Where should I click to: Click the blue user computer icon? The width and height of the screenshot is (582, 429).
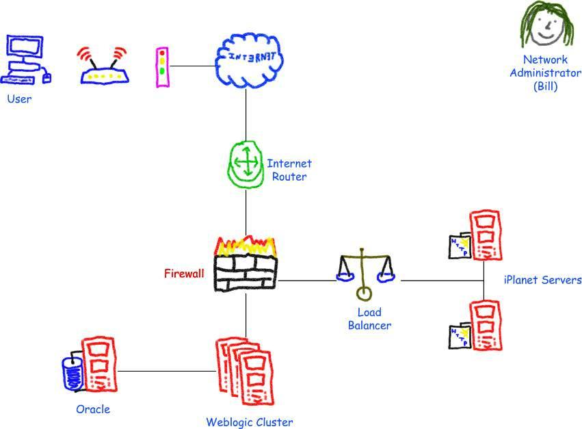coord(26,60)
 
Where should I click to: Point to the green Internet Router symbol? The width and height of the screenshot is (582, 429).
coord(245,165)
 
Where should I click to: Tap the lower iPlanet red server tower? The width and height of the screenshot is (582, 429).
coord(485,326)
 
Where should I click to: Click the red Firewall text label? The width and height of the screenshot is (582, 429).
coord(184,274)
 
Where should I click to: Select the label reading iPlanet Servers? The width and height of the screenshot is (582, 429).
coord(542,280)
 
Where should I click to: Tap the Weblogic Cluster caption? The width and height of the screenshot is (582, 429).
coord(249,422)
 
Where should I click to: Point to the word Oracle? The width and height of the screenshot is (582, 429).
coord(93,409)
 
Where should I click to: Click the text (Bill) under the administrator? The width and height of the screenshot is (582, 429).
coord(545,87)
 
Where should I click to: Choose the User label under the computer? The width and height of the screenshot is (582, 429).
coord(19,99)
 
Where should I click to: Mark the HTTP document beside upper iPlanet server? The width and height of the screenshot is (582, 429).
coord(459,247)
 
